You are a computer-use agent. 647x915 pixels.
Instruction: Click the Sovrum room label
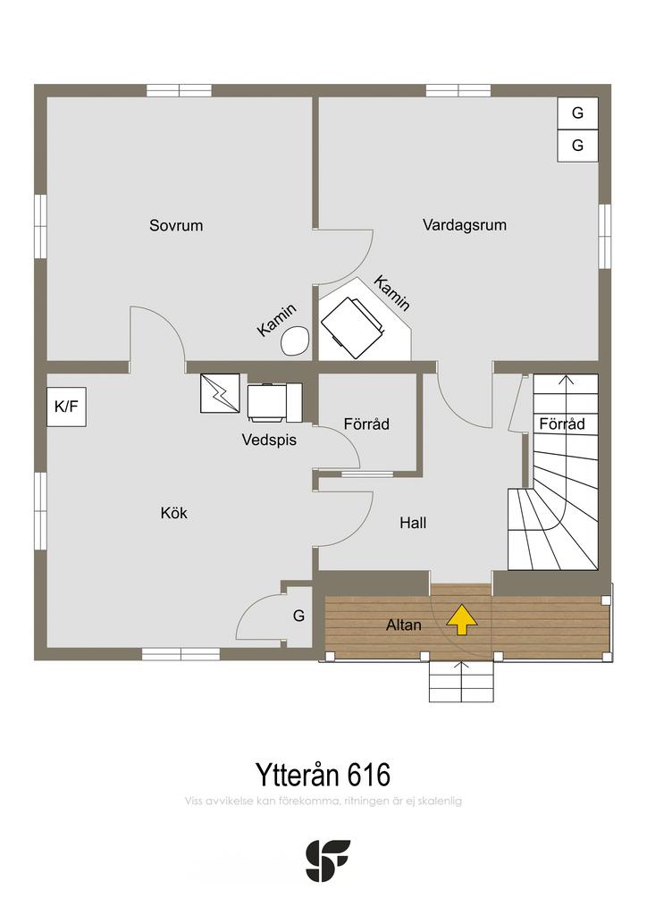tap(176, 225)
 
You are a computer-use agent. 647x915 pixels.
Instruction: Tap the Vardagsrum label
tap(465, 225)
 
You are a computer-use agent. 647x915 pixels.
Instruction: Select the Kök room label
tap(174, 513)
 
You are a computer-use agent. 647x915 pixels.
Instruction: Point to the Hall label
tap(413, 523)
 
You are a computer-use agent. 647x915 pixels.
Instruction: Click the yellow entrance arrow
tap(462, 619)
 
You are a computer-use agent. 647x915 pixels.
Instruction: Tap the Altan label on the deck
tap(404, 625)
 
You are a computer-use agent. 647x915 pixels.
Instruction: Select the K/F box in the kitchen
tap(66, 407)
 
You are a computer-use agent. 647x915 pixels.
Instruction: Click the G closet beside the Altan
tap(298, 616)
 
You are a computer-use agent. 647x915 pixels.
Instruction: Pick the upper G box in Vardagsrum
tap(577, 113)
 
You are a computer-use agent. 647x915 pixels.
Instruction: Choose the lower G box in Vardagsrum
tap(577, 146)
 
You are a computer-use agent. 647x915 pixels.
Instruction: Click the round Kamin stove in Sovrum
tap(295, 340)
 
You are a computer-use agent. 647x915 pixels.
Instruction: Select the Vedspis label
tap(269, 440)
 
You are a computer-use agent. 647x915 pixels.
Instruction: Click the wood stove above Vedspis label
tap(274, 402)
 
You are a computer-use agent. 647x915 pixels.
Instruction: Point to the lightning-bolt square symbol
tap(220, 393)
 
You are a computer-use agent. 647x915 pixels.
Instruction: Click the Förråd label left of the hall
tap(366, 424)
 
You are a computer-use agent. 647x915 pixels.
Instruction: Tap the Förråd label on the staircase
tap(562, 424)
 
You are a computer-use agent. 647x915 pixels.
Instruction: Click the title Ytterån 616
tap(323, 775)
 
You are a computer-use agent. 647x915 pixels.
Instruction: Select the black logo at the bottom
tap(328, 860)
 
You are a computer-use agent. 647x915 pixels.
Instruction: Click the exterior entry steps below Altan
tap(461, 682)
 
